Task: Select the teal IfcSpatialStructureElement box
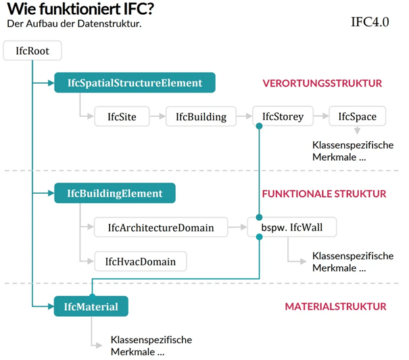135,83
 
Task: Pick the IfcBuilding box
201,117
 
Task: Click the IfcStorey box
283,117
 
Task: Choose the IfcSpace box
357,117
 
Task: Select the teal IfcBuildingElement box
115,194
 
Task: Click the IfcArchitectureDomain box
160,228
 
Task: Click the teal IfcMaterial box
91,307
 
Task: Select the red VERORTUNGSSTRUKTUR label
322,84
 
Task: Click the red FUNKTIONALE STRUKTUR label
324,194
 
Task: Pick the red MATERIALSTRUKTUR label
335,307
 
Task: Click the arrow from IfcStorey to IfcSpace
322,117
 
